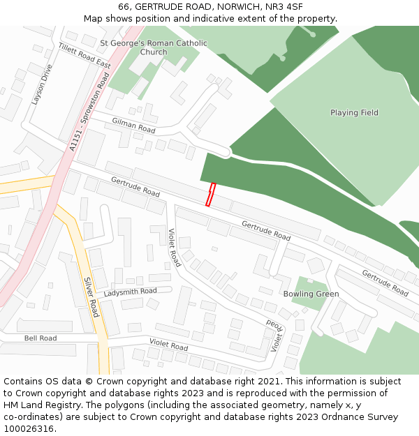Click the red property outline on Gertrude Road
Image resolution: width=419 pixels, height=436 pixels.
210,195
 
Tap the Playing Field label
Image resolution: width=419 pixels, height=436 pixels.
354,112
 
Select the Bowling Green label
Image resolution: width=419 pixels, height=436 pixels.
311,294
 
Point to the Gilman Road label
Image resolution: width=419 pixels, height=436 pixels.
133,126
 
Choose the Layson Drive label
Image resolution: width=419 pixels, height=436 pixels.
42,84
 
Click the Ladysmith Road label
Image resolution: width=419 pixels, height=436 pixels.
131,292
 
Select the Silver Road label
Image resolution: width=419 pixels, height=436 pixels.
91,296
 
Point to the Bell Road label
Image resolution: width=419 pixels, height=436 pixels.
41,338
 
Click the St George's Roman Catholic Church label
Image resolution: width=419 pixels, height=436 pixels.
154,47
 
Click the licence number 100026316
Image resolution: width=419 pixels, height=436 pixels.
29,429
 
